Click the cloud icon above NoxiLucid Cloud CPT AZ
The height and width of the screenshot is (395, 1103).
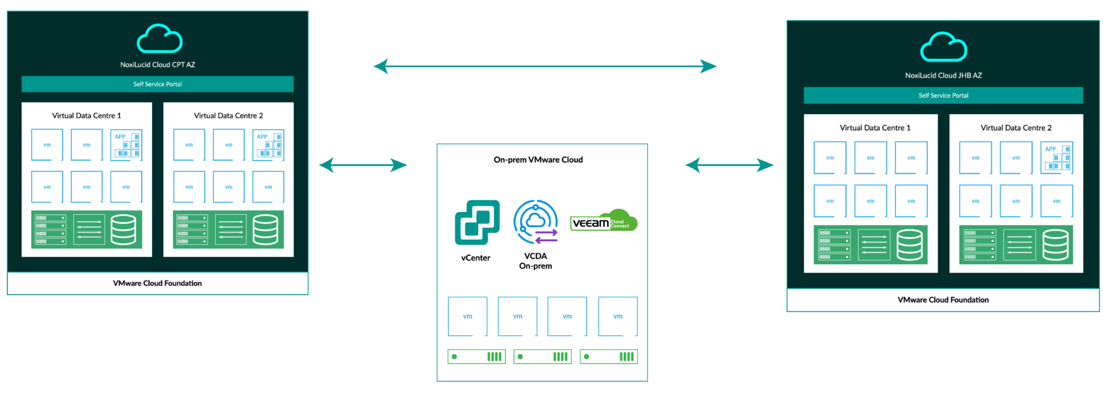159,39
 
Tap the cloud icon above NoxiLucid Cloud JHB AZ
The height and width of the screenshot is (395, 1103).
944,47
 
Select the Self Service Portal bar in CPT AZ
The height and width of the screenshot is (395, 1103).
157,84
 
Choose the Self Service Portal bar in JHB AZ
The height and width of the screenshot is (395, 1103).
943,95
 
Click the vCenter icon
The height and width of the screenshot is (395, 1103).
477,222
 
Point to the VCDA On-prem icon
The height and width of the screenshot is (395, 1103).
536,221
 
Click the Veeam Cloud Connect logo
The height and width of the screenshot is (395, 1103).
604,221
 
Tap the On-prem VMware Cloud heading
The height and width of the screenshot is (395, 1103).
538,160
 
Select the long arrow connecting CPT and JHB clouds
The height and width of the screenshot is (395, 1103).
544,67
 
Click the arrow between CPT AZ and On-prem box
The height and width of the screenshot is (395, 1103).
363,165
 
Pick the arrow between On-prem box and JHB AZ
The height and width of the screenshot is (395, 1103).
729,165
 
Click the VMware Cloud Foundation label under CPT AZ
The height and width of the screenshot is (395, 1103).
157,283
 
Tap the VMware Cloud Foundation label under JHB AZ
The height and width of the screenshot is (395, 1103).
943,300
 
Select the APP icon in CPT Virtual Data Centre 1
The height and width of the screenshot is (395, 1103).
126,145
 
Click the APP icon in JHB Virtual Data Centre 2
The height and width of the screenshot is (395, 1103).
1056,158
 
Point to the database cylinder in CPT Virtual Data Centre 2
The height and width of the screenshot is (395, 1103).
266,229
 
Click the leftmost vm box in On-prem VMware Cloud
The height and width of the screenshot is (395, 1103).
467,316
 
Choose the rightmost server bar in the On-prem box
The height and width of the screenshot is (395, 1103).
609,357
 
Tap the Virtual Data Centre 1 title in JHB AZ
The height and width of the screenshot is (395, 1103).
875,128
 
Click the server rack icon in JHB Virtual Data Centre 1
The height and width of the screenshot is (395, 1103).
834,245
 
